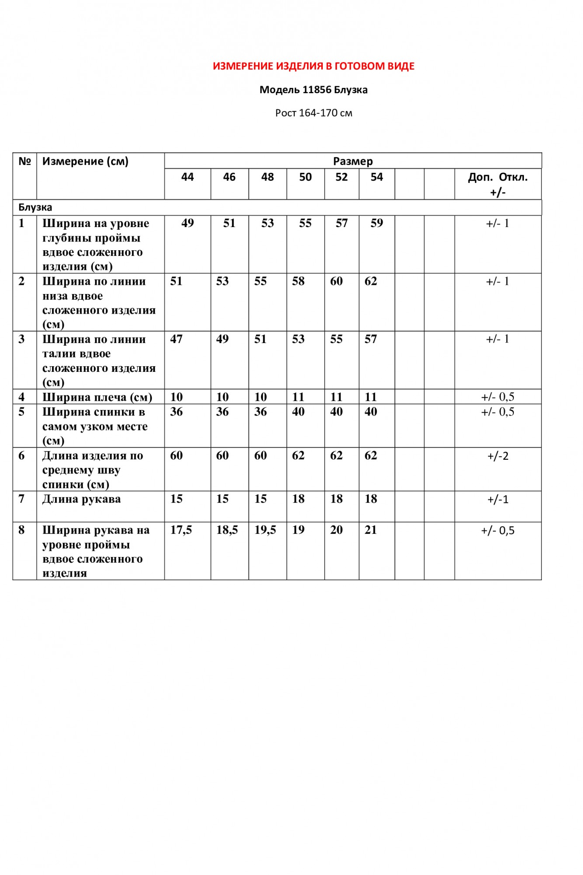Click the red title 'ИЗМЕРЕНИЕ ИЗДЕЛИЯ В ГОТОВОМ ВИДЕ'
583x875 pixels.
[314, 66]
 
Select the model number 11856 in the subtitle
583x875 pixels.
[317, 90]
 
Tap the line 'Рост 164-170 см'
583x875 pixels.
[314, 113]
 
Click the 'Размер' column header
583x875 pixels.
[353, 161]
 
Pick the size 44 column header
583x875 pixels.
[187, 177]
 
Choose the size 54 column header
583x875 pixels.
[377, 177]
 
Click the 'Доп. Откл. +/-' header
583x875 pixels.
[498, 184]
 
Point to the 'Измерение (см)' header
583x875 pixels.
[85, 161]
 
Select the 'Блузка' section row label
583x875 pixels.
[35, 207]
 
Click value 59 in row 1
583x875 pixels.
[377, 223]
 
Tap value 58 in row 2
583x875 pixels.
[298, 281]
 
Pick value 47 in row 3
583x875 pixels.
[176, 339]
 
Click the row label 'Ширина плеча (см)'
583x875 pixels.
[97, 397]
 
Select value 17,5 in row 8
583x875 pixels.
[181, 530]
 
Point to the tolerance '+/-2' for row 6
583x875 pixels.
[498, 456]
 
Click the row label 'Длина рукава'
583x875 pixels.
[81, 499]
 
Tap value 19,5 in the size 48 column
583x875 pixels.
[265, 530]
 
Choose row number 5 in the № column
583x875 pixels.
[21, 412]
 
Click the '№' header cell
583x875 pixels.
[24, 161]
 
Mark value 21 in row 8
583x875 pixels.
[370, 530]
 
